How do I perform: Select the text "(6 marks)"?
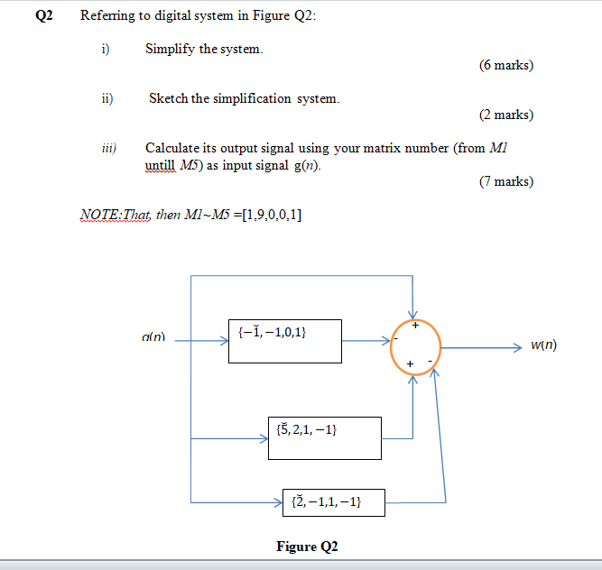[x=505, y=66]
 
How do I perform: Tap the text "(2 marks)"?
[x=505, y=115]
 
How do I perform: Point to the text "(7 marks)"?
[x=505, y=182]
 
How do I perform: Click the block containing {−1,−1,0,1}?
[x=284, y=341]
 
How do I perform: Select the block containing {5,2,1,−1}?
[x=324, y=437]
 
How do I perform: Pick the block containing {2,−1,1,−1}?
[x=333, y=502]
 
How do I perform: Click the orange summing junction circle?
[x=416, y=347]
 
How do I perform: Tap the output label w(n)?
[x=543, y=345]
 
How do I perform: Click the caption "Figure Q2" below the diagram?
[x=307, y=547]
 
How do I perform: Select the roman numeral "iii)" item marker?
[x=106, y=148]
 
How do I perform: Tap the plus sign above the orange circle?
[x=416, y=324]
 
